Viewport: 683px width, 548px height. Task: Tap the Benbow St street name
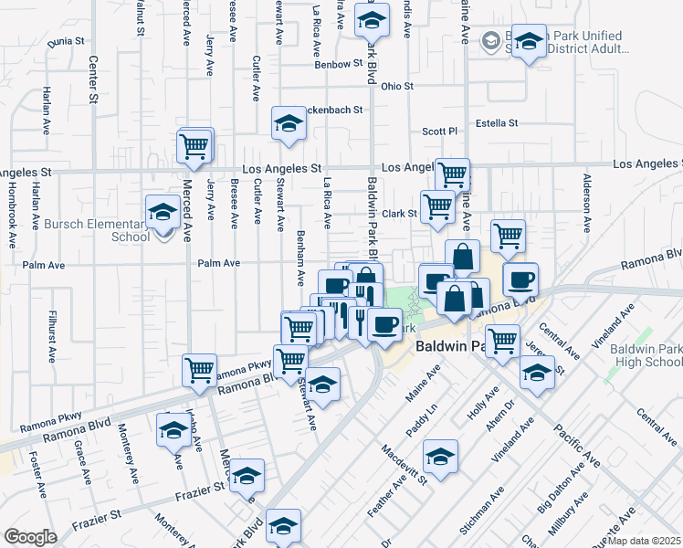coord(339,65)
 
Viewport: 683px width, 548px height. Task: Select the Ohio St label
coord(397,87)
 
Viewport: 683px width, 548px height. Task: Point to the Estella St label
coord(497,123)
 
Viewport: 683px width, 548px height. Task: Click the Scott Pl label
coord(438,132)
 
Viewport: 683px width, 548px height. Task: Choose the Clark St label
coord(399,214)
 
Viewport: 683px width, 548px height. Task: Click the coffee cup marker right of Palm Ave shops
coord(520,279)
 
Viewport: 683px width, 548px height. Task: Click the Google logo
coord(31,537)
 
